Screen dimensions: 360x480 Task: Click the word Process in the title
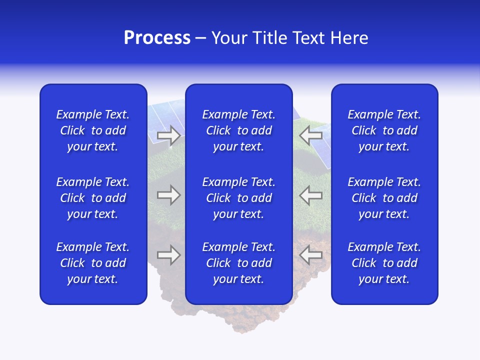pos(157,38)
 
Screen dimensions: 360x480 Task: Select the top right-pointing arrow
pos(168,135)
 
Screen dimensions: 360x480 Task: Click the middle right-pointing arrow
pos(168,195)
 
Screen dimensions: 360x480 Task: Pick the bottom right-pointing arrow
pos(168,255)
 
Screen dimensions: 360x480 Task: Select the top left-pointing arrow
pos(310,135)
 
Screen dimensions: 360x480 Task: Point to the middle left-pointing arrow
pos(310,195)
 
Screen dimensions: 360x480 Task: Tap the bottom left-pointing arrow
pos(310,255)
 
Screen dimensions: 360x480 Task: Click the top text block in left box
pos(93,130)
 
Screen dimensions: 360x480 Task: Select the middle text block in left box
pos(93,198)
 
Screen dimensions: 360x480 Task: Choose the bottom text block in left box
pos(93,263)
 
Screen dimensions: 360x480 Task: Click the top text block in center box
pos(238,130)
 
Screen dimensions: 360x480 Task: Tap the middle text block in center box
pos(238,198)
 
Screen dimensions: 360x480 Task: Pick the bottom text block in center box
pos(238,263)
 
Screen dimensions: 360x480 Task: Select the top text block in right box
pos(384,130)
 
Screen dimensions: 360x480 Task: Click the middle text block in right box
pos(384,198)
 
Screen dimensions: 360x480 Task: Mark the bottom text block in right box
pos(384,263)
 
